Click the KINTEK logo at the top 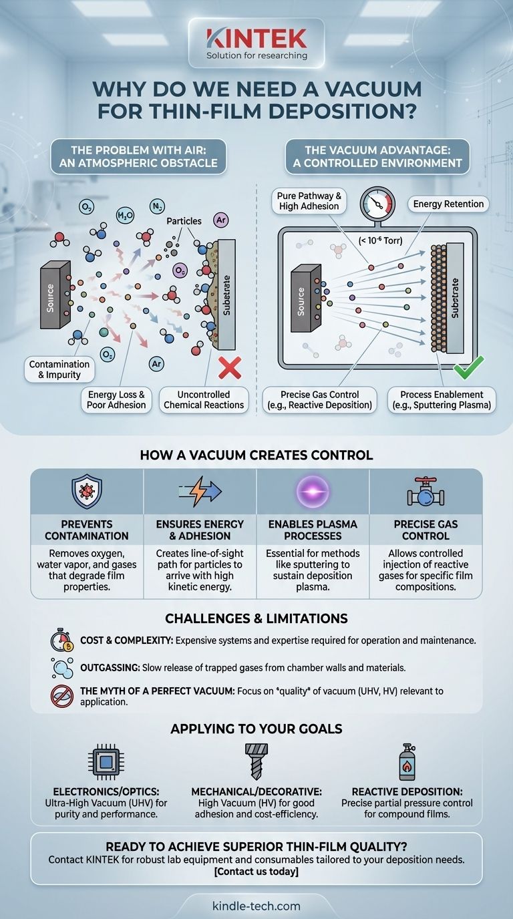click(x=256, y=39)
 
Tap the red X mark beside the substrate click(x=230, y=368)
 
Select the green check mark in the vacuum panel click(x=468, y=367)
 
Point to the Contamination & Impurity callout click(x=59, y=369)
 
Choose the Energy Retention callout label click(x=448, y=204)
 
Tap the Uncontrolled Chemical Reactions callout click(x=204, y=399)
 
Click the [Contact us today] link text click(x=256, y=872)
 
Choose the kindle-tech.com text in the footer click(x=256, y=906)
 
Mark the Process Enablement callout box click(x=442, y=399)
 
